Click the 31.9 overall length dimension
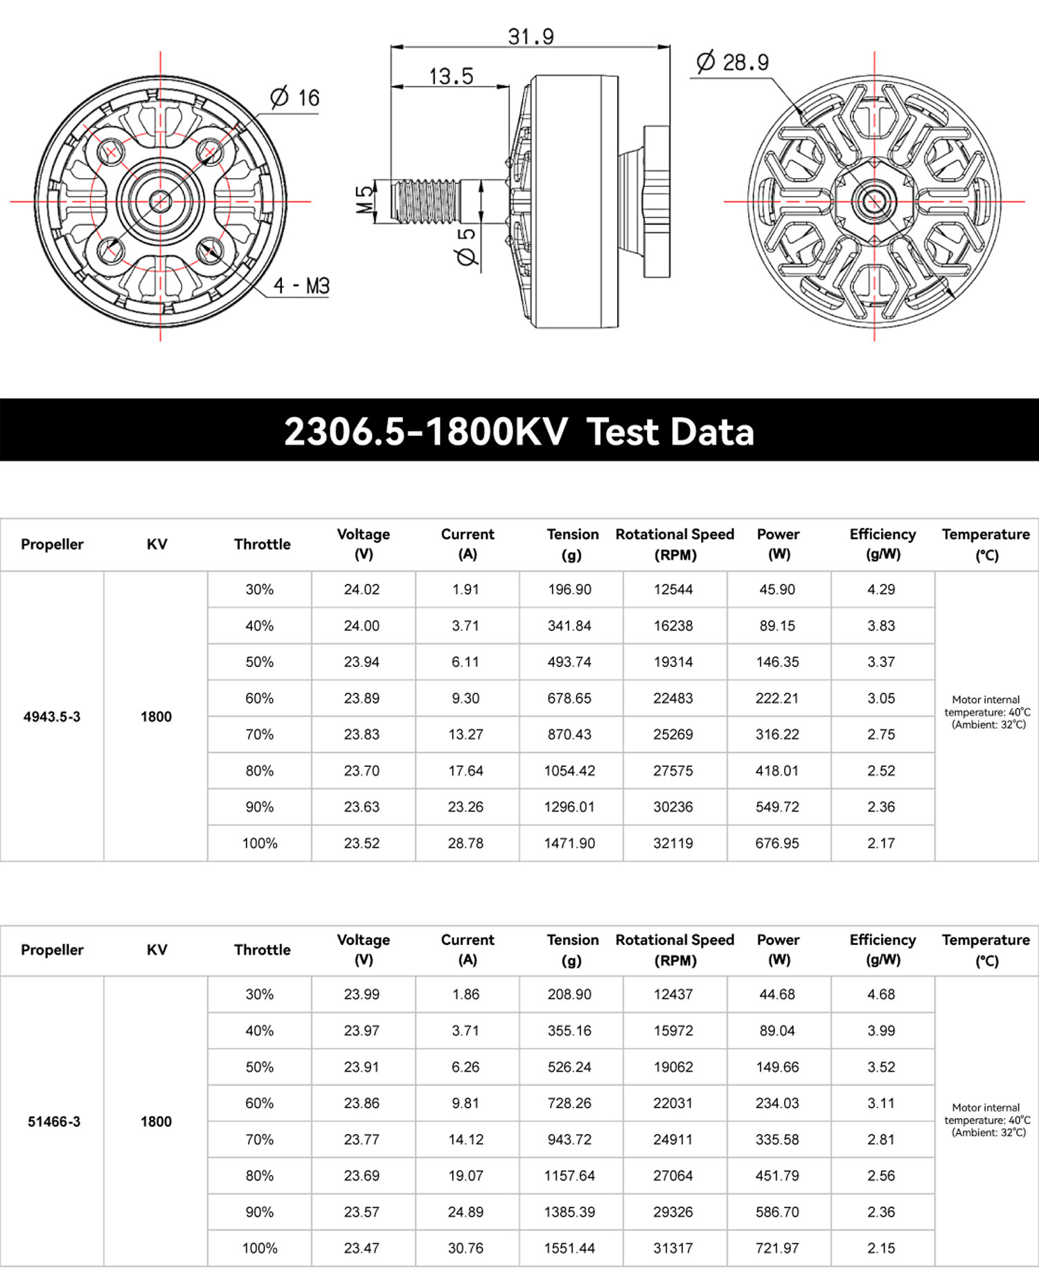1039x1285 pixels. [531, 36]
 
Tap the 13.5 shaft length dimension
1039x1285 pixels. [451, 76]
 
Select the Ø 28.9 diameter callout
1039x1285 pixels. [732, 62]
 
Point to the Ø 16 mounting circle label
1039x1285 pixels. [295, 98]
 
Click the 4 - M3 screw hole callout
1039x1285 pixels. [301, 285]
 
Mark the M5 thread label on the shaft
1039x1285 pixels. [364, 200]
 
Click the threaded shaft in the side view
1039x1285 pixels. [426, 202]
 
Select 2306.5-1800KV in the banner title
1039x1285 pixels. [425, 431]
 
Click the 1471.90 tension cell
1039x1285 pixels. [569, 843]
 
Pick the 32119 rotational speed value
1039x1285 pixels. [673, 843]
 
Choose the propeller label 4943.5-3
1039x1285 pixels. [52, 716]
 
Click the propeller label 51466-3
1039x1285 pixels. [54, 1122]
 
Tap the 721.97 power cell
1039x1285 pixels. [777, 1248]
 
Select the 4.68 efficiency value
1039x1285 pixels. [881, 994]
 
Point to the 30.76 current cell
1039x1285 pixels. [465, 1248]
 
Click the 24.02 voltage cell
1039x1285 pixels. [362, 590]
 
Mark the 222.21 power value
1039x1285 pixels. [777, 698]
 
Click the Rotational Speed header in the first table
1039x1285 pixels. [675, 544]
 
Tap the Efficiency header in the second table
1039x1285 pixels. [882, 950]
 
